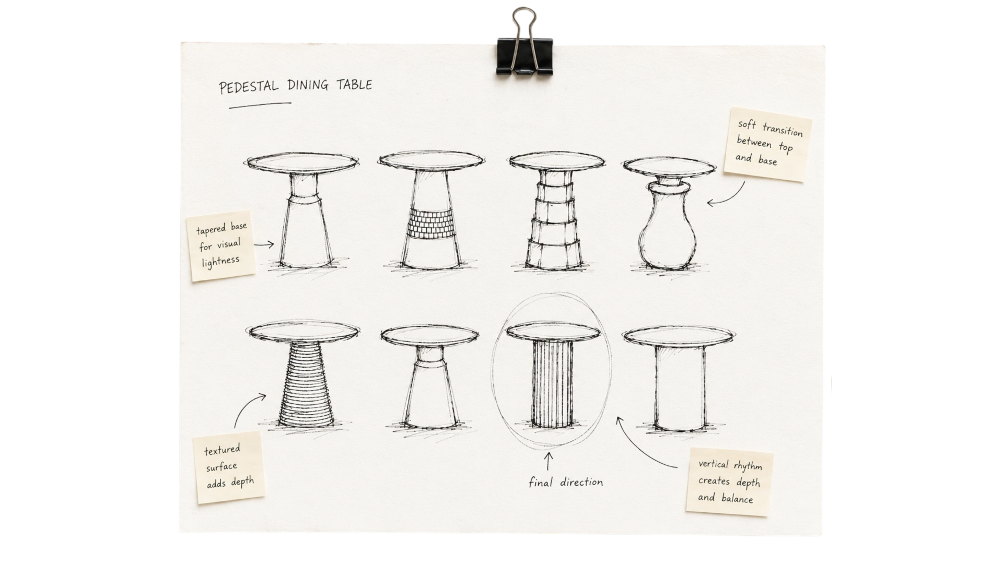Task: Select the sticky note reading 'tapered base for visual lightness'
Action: (222, 245)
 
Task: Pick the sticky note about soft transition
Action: (767, 144)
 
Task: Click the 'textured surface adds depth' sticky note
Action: (229, 467)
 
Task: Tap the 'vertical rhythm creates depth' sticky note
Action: (730, 482)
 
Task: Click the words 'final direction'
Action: (566, 482)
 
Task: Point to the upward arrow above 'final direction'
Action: (549, 462)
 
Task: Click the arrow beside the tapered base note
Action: (264, 244)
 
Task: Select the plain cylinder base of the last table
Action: (680, 387)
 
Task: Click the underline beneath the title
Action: (260, 105)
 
